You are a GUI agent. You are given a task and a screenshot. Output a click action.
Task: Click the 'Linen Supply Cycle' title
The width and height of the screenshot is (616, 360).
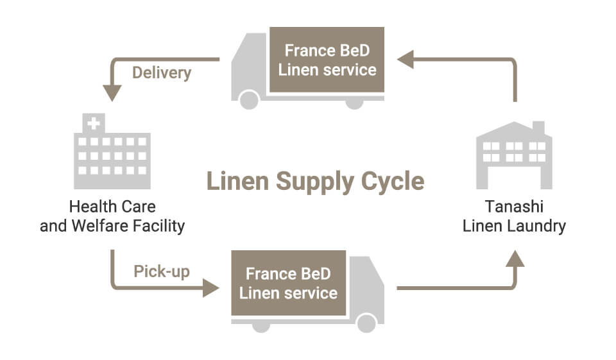click(315, 182)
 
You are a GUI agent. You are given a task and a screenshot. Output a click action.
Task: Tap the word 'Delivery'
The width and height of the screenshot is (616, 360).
click(162, 73)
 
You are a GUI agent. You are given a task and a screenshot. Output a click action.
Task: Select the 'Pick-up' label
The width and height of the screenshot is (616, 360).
click(162, 271)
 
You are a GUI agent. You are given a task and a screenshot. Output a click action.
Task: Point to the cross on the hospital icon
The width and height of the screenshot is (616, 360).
click(94, 123)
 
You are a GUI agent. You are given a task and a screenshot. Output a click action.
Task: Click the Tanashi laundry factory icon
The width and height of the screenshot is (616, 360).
click(514, 155)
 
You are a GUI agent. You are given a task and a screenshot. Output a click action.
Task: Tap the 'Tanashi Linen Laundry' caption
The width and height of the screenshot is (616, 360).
click(514, 217)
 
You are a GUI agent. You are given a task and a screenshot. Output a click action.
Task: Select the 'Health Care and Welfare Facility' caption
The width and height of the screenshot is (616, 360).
click(112, 217)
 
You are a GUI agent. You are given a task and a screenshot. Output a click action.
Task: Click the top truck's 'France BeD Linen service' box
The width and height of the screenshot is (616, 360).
click(327, 60)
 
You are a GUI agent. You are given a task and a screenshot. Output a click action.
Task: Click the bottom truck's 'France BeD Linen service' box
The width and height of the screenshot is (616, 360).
click(288, 284)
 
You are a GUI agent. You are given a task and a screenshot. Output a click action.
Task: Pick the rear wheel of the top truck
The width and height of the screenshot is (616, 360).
click(354, 101)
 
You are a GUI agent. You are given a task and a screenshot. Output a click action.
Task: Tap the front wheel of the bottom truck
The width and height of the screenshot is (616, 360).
click(366, 323)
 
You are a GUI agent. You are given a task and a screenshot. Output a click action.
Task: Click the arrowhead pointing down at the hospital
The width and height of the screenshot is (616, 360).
click(112, 92)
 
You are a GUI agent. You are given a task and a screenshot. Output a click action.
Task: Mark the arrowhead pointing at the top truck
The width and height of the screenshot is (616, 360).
click(405, 60)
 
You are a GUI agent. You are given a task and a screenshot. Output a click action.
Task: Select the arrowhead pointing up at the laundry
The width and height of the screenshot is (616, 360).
click(515, 258)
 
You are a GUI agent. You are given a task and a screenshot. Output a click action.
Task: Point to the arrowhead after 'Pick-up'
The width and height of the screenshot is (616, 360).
click(210, 287)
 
